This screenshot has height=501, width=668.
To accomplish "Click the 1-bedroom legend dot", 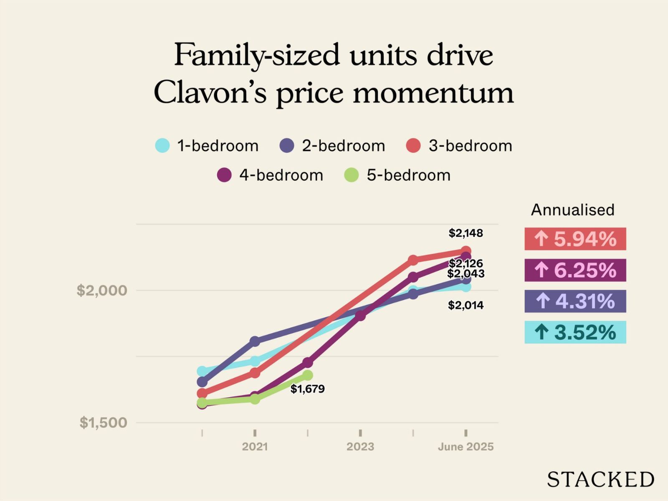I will coord(162,146).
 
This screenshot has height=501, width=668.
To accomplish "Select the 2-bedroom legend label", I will coord(343,146).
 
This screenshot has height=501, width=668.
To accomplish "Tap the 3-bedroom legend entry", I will coord(459,146).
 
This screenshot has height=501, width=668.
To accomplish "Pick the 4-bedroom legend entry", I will coord(271,175).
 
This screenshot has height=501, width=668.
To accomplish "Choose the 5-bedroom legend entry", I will coord(397,175).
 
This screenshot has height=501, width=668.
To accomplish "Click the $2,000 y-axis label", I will coord(102,290).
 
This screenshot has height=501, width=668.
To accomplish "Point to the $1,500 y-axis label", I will coord(103,423).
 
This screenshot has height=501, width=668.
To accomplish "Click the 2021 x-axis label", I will coord(255,447).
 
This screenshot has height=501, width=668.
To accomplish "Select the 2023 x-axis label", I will coord(360,447).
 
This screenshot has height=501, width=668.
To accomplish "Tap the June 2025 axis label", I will coord(466,447).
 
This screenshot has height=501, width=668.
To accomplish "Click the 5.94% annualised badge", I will coord(575,239).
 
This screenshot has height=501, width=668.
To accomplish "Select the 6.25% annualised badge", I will coord(575,270).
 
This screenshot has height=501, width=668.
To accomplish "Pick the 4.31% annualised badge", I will coord(575,301).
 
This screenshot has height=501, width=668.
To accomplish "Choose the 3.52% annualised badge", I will coord(575,332).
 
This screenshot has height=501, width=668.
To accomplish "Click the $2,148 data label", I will coord(466,233).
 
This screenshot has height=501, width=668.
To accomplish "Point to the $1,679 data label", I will coord(308,389).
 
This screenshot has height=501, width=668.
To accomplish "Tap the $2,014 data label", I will coord(466,305).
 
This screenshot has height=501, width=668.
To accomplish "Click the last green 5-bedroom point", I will coord(308,375).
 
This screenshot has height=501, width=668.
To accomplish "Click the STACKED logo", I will coord(600,479).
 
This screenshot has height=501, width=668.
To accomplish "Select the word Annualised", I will coord(572,210).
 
